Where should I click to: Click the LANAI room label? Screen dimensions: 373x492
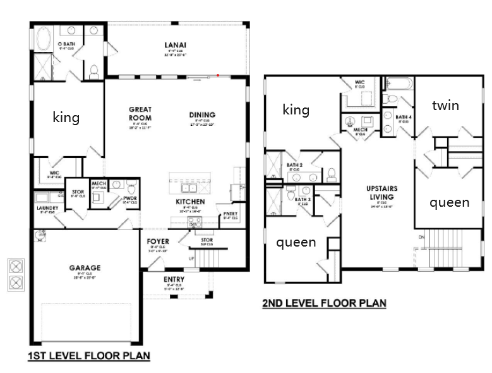pyautogui.click(x=175, y=45)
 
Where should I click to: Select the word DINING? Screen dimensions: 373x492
pyautogui.click(x=202, y=114)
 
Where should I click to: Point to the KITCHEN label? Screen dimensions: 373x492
pyautogui.click(x=190, y=202)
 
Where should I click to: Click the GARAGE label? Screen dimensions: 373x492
pyautogui.click(x=85, y=268)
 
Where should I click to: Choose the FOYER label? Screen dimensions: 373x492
pyautogui.click(x=158, y=241)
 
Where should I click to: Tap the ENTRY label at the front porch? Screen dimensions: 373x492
pyautogui.click(x=174, y=279)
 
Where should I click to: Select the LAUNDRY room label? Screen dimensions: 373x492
pyautogui.click(x=47, y=207)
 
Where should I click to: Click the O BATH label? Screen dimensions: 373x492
pyautogui.click(x=68, y=42)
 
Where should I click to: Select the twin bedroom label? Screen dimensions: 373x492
pyautogui.click(x=445, y=106)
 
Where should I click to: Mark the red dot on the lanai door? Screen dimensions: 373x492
pyautogui.click(x=218, y=75)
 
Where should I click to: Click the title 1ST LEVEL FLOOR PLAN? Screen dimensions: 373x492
pyautogui.click(x=88, y=357)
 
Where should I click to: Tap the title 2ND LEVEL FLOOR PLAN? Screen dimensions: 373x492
pyautogui.click(x=324, y=303)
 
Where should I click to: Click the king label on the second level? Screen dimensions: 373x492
pyautogui.click(x=296, y=110)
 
